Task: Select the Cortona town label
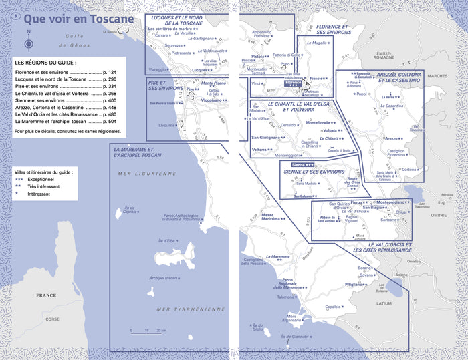pyautogui.click(x=409, y=170)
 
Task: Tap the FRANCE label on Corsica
pyautogui.click(x=46, y=295)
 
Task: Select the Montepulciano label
pyautogui.click(x=396, y=202)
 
